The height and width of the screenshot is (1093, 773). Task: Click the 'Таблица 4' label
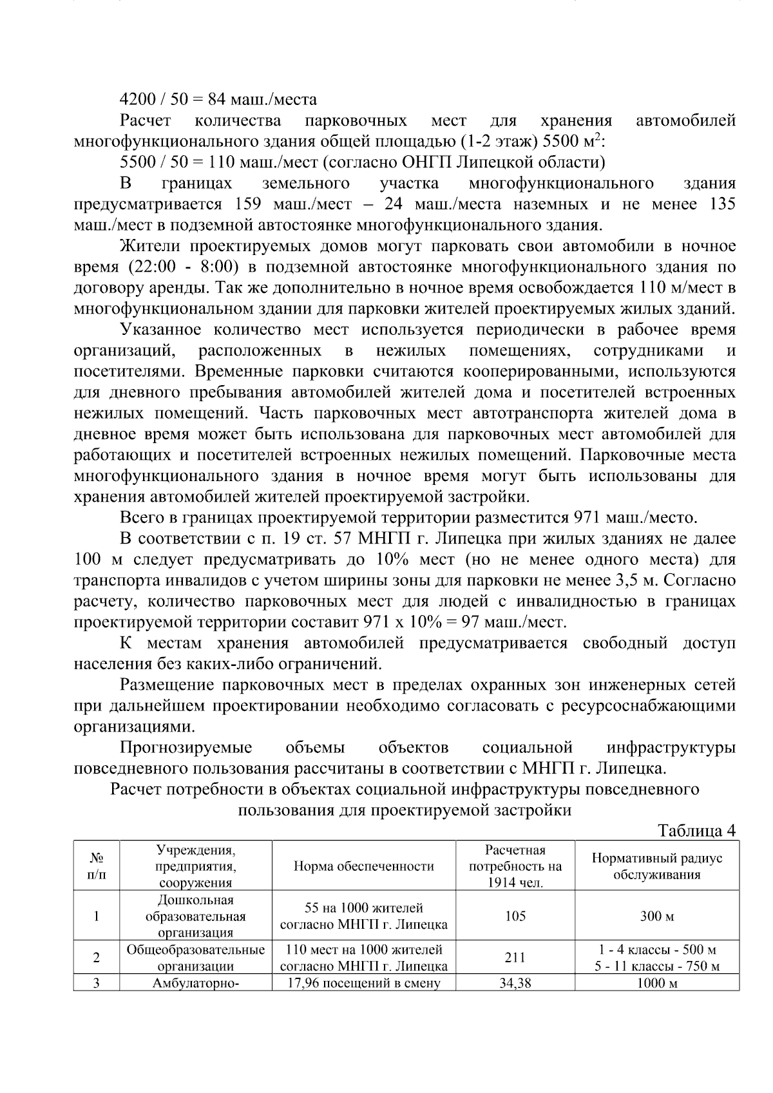click(696, 831)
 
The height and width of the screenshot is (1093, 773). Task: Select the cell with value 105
click(515, 916)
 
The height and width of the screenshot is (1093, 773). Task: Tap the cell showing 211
click(515, 958)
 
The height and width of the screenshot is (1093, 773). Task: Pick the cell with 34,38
click(515, 984)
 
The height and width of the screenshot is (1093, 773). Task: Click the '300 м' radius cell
click(656, 916)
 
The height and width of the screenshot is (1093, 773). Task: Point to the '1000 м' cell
click(656, 984)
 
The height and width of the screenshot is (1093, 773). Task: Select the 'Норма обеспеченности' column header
click(363, 866)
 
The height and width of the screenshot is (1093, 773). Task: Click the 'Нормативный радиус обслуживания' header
click(656, 866)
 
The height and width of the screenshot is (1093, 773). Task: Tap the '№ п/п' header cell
click(97, 866)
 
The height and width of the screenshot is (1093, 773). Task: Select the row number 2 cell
click(97, 958)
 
